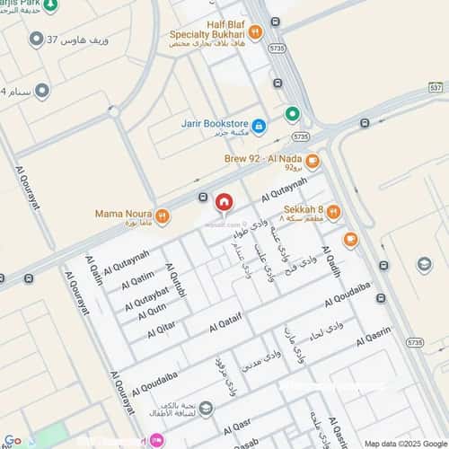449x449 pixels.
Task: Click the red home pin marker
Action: pos(223,204)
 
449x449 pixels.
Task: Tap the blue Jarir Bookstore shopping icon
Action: pos(259,125)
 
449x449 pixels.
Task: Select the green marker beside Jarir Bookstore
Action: pos(292,114)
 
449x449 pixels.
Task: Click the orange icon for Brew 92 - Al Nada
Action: pos(312,162)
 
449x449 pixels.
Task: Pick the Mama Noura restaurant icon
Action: pos(163,216)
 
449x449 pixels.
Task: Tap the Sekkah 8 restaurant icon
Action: pos(333,212)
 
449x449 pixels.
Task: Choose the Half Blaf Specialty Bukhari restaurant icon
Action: pos(255,32)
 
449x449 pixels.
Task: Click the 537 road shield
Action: pos(436,87)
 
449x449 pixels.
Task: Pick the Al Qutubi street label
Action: pos(179,283)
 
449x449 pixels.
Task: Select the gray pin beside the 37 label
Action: pos(36,40)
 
